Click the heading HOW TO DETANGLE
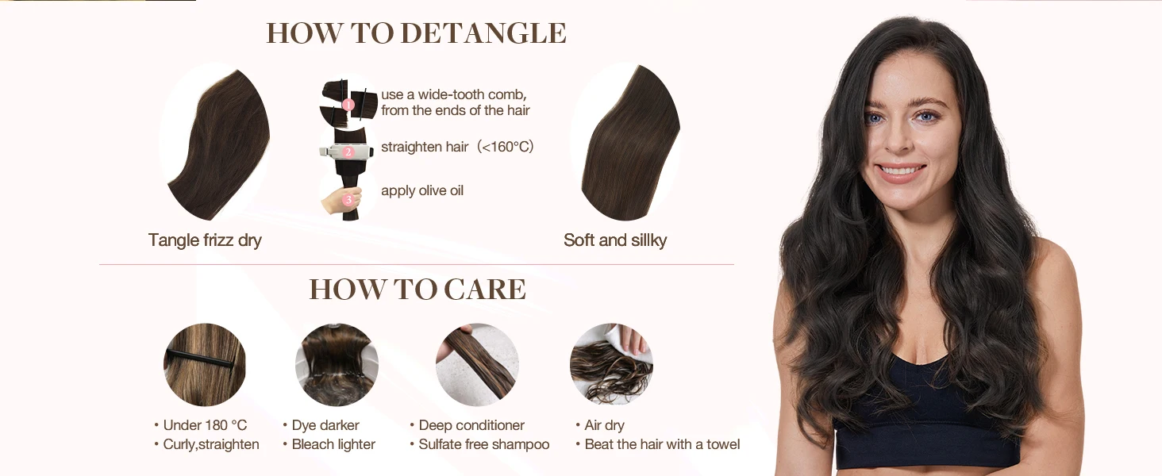coord(416,33)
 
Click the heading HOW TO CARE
coord(417,290)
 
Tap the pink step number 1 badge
coord(348,104)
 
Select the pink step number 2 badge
coord(348,152)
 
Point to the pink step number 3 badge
coord(348,200)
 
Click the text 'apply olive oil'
coord(421,190)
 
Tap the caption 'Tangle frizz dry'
coord(205,240)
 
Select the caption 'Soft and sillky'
coord(615,240)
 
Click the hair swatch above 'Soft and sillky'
coord(627,143)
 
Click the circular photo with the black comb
coord(205,364)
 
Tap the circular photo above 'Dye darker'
coord(337,364)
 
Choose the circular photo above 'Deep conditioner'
coord(476,364)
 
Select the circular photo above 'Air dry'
coord(611,364)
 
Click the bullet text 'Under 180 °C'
coord(205,425)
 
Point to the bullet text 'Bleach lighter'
coord(333,444)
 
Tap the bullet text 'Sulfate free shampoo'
coord(483,444)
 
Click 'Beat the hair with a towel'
coord(662,444)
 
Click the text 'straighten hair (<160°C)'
coord(457,147)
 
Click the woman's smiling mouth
coord(902,171)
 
